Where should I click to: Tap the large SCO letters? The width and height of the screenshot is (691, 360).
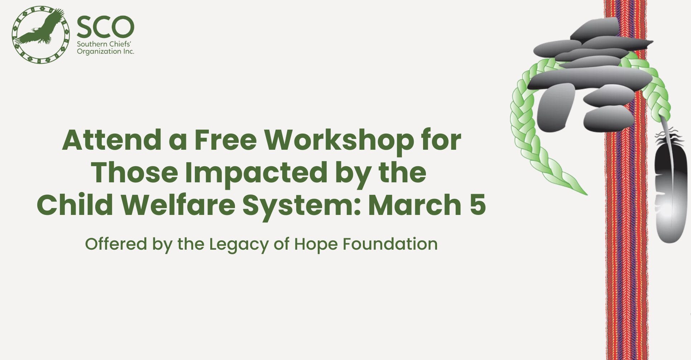[105, 27]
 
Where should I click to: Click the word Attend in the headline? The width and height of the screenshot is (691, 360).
[112, 140]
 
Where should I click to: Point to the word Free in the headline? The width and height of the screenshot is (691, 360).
[226, 140]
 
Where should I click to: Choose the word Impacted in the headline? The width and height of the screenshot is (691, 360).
[256, 173]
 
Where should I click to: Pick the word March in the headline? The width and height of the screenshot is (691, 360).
[415, 205]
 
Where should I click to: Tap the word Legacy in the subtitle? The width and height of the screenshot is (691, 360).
[239, 245]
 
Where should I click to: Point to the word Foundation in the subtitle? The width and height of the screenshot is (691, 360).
[390, 244]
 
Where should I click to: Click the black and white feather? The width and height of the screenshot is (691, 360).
[670, 183]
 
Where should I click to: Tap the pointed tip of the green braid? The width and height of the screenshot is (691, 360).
[587, 195]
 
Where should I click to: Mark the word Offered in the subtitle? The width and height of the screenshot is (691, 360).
[116, 244]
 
